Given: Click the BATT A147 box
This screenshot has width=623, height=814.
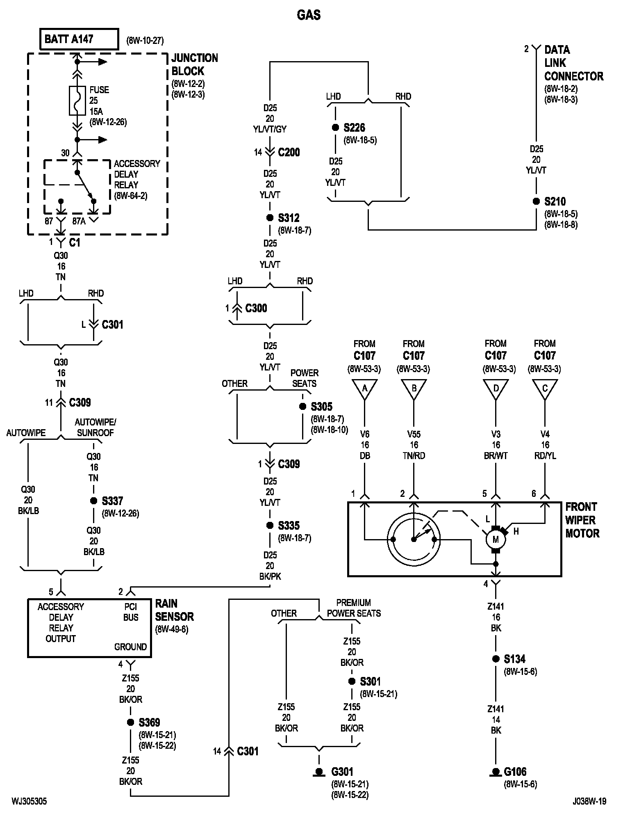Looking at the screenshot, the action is click(79, 39).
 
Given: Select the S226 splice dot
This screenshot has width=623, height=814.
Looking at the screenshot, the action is click(335, 128).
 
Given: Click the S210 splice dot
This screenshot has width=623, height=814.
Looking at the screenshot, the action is click(536, 201).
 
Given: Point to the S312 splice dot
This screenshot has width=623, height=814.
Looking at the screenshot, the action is click(270, 218).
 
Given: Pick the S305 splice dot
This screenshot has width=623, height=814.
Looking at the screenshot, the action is click(302, 407).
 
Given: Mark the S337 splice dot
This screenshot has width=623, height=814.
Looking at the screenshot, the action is click(93, 501).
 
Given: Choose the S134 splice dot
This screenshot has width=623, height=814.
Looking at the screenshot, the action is click(496, 659).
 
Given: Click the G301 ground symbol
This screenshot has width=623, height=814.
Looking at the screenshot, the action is click(319, 773).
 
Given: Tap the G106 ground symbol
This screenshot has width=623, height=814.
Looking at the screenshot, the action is click(496, 773).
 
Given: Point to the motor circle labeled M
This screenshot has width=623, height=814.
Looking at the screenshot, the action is click(496, 539).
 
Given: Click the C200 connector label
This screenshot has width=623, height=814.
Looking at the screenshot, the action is click(289, 153).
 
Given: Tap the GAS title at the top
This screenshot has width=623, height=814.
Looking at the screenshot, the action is click(309, 15).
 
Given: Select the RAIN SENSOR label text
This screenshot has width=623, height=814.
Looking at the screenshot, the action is click(175, 610).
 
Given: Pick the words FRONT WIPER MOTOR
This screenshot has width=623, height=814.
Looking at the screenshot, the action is click(582, 520).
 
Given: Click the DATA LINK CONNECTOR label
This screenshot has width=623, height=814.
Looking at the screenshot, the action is click(574, 63).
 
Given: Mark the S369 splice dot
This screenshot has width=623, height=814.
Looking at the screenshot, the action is click(130, 723).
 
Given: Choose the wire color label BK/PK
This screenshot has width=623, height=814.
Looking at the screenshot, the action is click(270, 576).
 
